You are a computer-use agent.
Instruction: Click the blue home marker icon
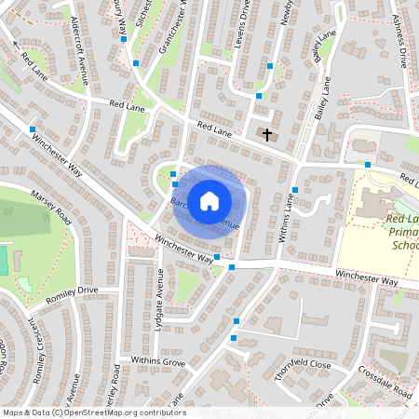(x=209, y=200)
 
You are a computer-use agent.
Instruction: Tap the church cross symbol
(x=268, y=135)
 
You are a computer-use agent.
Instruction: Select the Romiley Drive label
(x=72, y=292)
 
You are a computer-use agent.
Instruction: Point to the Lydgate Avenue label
(x=159, y=293)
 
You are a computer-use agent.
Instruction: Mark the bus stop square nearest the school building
(x=368, y=165)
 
